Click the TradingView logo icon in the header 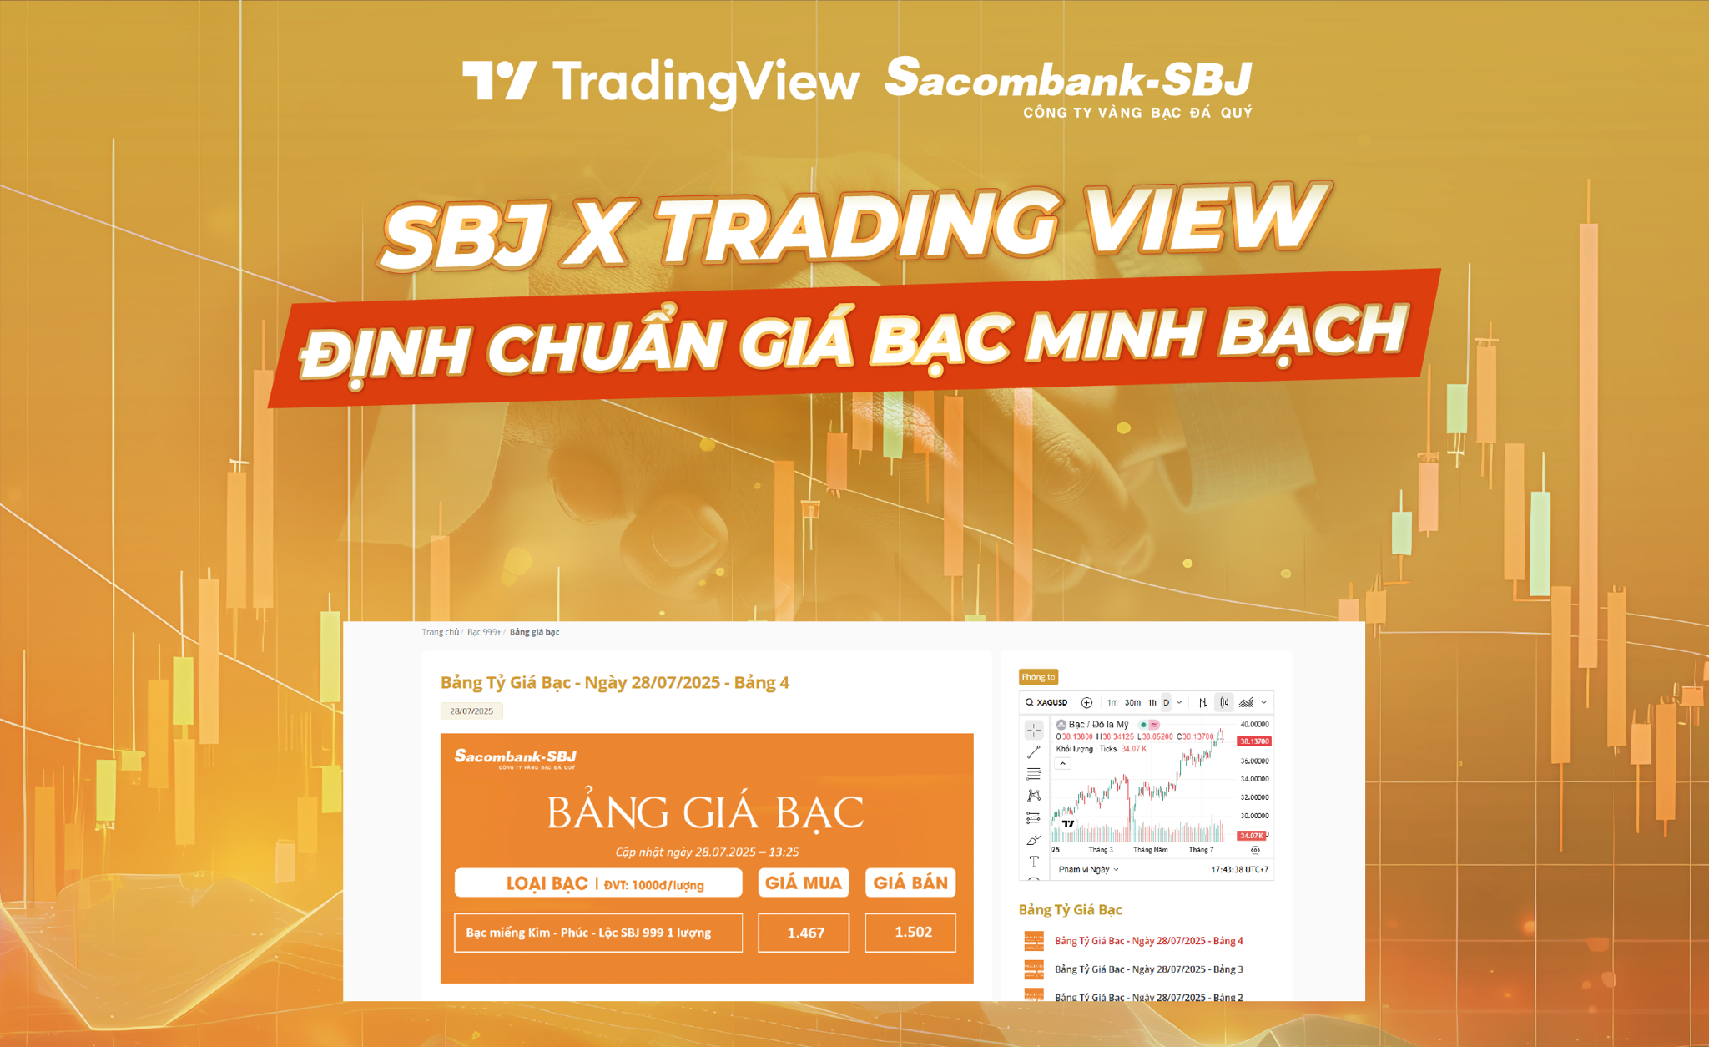coord(499,81)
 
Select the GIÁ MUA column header coord(804,883)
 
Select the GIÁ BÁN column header coord(910,883)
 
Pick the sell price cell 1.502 coord(911,933)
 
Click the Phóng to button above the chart coord(1038,677)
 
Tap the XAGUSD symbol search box coord(1048,702)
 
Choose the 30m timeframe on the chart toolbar coord(1132,702)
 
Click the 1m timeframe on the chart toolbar coord(1112,702)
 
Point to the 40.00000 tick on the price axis coord(1254,725)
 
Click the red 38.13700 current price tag coord(1254,741)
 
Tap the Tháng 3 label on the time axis coord(1101,850)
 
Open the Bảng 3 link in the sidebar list coord(1149,969)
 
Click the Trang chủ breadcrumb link coord(440,632)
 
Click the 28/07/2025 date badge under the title coord(471,711)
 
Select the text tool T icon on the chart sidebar coord(1034,861)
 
